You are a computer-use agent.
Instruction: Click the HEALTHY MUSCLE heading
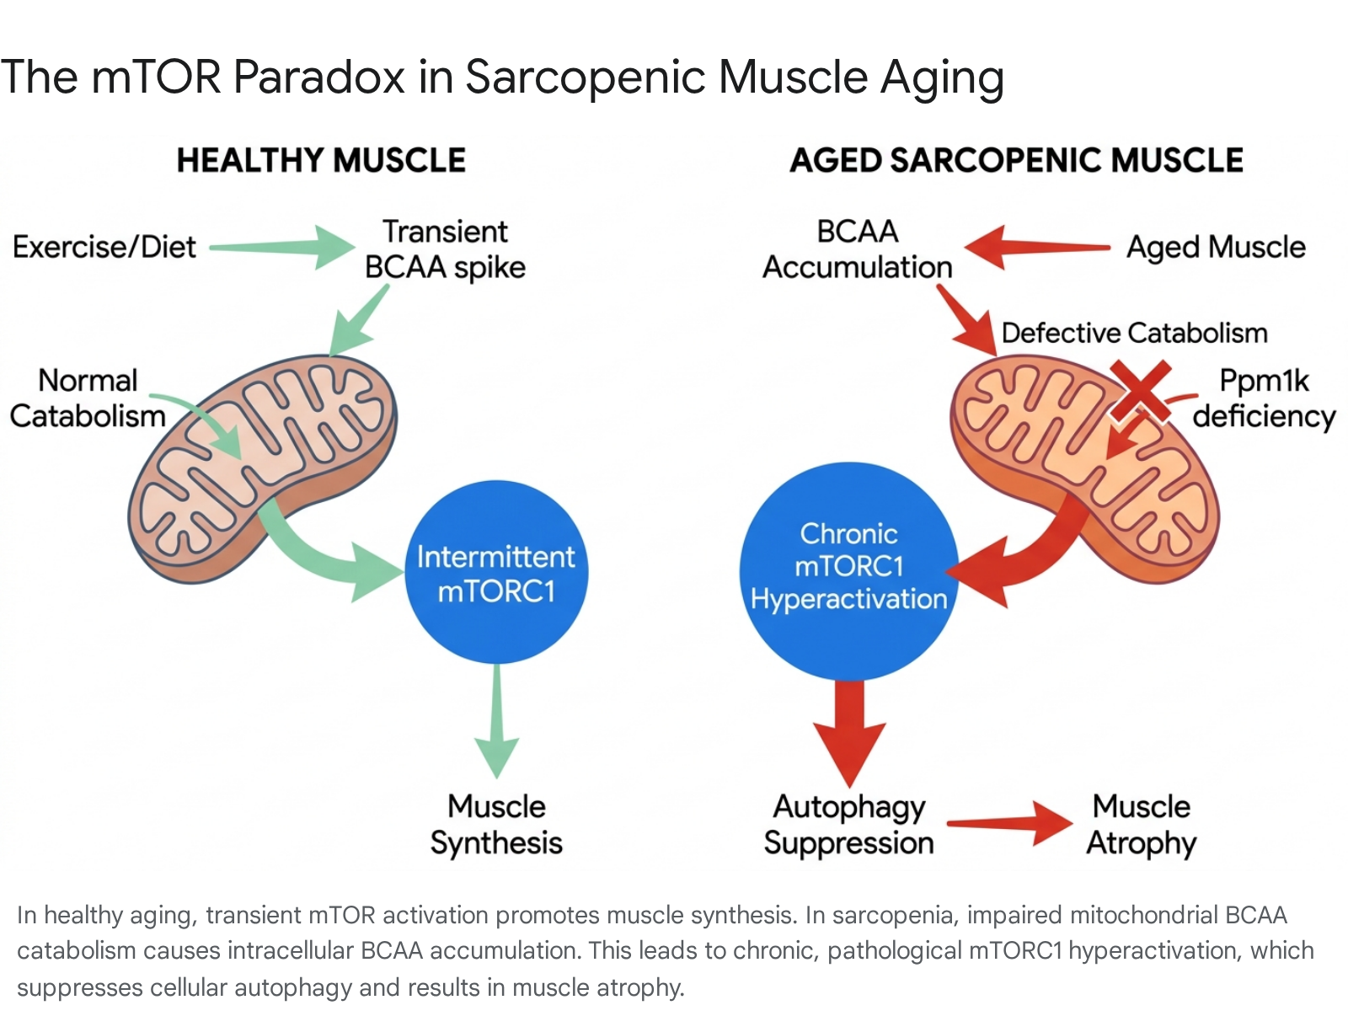click(x=321, y=161)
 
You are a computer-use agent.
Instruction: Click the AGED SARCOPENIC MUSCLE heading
click(x=1016, y=161)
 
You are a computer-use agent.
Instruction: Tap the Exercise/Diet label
click(x=104, y=247)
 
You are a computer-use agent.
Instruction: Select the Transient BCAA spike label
click(x=445, y=249)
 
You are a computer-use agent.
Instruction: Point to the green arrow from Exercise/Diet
click(x=282, y=248)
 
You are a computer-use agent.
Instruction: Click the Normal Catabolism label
click(x=88, y=398)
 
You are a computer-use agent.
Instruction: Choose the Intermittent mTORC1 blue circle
click(x=496, y=572)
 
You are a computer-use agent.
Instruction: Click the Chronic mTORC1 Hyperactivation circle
click(x=848, y=571)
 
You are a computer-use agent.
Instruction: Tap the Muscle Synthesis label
click(x=496, y=824)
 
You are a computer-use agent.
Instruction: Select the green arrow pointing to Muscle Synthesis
click(x=497, y=721)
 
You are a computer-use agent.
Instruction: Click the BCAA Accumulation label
click(x=858, y=249)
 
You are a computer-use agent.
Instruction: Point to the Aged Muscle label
click(x=1216, y=248)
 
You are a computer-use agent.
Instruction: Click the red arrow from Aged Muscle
click(x=1038, y=248)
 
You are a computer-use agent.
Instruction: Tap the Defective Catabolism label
click(x=1134, y=333)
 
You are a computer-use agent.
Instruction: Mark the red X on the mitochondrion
click(x=1140, y=391)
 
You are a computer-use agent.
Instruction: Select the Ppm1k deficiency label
click(x=1264, y=398)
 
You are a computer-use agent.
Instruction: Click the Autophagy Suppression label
click(x=848, y=824)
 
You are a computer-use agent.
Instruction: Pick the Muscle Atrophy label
click(x=1141, y=824)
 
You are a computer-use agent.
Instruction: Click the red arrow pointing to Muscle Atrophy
click(x=1010, y=823)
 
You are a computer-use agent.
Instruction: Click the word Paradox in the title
click(x=318, y=78)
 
